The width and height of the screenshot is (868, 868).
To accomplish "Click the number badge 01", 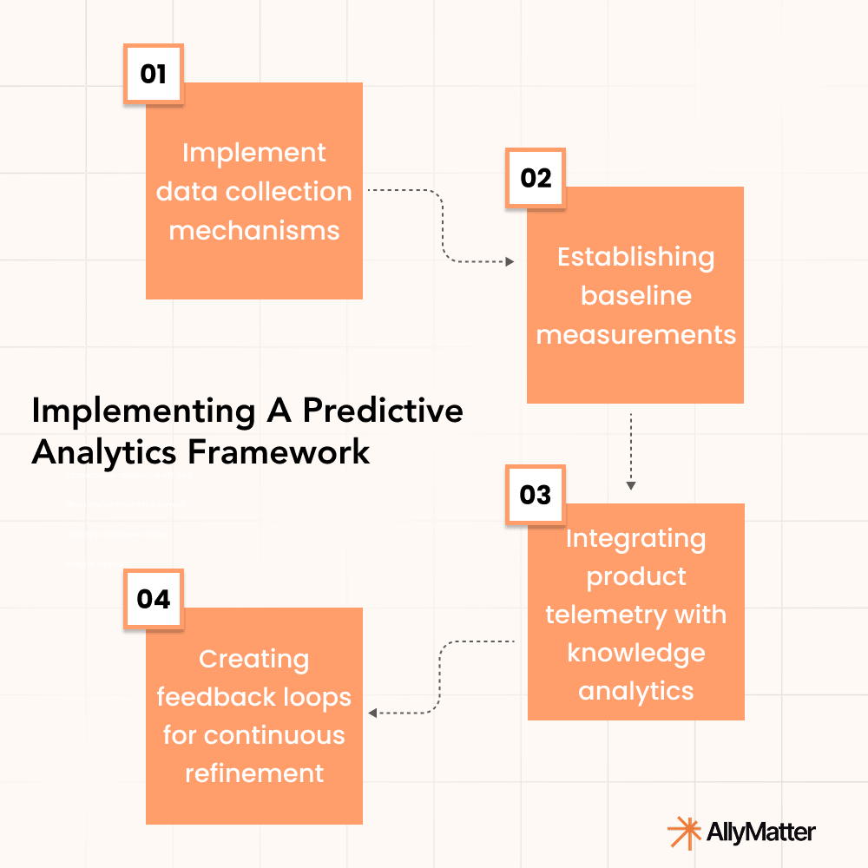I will (153, 74).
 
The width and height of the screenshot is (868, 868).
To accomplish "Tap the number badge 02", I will (536, 178).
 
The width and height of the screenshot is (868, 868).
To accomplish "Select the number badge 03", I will (536, 495).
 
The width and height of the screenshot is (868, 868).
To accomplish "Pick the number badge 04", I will (154, 599).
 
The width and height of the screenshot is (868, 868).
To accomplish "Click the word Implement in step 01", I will (253, 153).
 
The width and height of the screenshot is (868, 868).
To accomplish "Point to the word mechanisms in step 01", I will (253, 230).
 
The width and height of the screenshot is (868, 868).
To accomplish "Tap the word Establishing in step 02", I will (635, 257).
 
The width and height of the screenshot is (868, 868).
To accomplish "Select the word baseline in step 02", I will (635, 295).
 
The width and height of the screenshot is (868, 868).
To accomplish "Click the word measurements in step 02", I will (635, 334).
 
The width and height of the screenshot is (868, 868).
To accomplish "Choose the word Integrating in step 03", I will (635, 538).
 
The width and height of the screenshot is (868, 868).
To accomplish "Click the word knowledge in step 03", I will (635, 653).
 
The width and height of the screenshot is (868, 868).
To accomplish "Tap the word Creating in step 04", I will (253, 660).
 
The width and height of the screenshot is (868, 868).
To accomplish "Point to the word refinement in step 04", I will (253, 773).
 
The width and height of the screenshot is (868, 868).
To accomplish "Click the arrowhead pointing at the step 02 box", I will (510, 261).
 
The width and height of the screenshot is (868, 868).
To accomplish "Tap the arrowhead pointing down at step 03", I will (631, 485).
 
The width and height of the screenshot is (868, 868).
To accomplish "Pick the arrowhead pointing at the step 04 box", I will (373, 713).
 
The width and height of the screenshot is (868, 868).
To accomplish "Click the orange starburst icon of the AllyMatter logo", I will (684, 832).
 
